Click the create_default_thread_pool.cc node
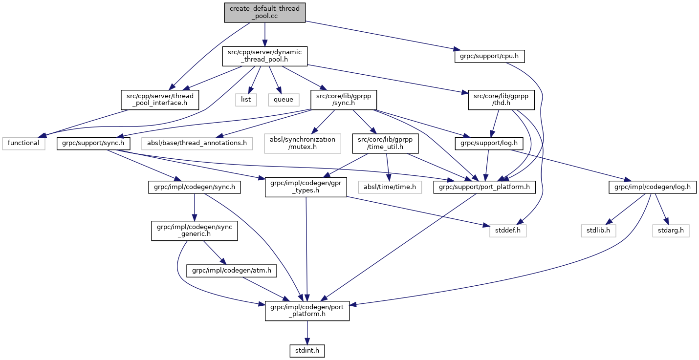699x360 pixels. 265,12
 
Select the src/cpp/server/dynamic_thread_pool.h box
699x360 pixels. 265,57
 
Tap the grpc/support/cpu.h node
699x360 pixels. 489,57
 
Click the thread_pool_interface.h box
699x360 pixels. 160,100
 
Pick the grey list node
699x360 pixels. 246,100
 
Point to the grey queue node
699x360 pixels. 283,100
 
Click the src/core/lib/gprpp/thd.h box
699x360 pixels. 502,100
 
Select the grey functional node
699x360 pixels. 23,143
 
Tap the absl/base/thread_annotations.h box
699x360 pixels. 197,143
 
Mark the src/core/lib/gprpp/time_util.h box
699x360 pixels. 385,143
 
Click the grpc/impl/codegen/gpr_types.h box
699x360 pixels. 306,187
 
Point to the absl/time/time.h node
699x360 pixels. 389,187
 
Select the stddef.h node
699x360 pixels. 507,230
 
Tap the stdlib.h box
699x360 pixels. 598,230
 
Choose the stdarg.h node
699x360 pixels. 670,230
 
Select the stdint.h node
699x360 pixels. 306,350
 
